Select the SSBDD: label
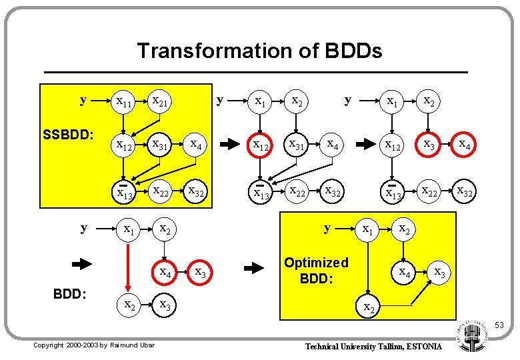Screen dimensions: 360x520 coord(69,135)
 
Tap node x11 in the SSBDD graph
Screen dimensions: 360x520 coord(124,101)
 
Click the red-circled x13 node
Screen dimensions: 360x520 coord(124,193)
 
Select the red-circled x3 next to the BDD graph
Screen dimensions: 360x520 coord(199,272)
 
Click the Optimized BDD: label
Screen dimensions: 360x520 coord(316,270)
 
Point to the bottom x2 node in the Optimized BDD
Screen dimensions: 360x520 coord(367,307)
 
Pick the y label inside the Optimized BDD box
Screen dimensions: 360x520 coord(327,228)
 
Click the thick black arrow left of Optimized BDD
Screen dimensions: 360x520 coord(255,269)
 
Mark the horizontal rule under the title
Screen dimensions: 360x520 coord(255,71)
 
